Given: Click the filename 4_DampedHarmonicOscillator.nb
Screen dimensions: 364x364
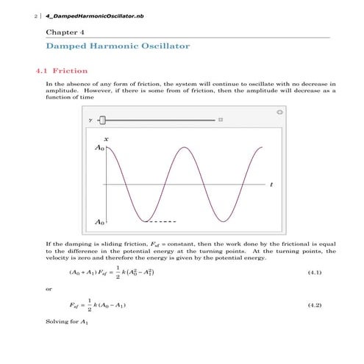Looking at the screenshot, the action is [76, 15].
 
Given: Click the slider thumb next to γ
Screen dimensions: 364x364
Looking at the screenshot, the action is [103, 120].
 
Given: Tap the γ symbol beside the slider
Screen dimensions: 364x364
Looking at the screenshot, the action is [90, 120].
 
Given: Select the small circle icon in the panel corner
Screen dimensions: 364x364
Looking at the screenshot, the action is [279, 113].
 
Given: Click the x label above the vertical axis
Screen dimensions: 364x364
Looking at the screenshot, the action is [106, 138].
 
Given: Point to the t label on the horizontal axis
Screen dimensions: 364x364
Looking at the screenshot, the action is [271, 184].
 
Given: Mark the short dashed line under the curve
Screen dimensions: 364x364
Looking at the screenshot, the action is [161, 221].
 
